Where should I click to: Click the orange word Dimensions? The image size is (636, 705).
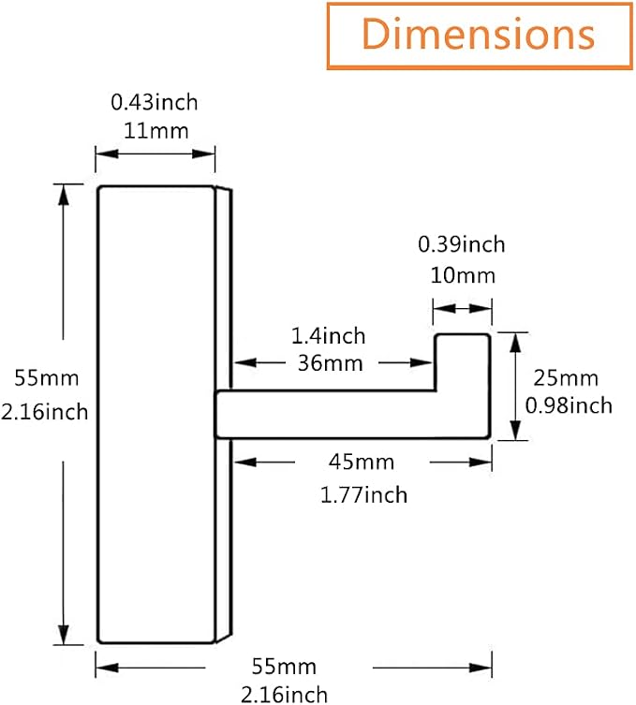(x=478, y=34)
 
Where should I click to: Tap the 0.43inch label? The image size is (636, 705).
(x=155, y=102)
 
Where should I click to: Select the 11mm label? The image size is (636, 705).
(x=155, y=131)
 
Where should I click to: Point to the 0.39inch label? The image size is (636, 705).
(x=462, y=244)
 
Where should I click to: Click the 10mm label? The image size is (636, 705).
(x=463, y=275)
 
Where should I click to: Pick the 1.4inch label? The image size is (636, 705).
(x=329, y=336)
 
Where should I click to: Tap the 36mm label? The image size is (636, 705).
(x=330, y=363)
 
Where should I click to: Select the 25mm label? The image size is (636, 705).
(x=566, y=378)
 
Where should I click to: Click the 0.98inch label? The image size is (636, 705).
(x=569, y=405)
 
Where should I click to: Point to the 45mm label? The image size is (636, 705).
(x=362, y=462)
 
